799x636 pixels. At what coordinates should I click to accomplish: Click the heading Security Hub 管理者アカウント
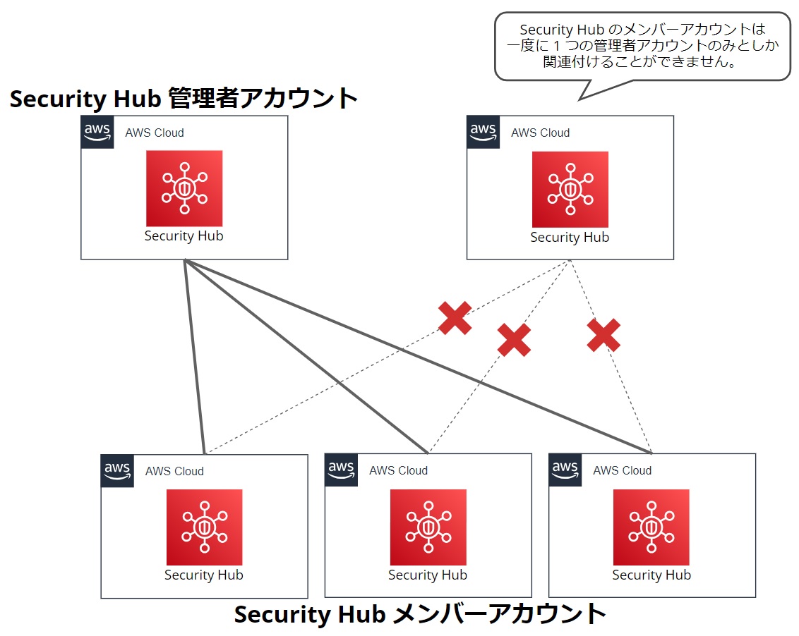coord(184,99)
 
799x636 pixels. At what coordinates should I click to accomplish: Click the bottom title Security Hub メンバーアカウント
coord(420,614)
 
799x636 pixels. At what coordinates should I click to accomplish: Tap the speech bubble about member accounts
coord(642,46)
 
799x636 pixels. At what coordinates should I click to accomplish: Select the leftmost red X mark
coord(455,318)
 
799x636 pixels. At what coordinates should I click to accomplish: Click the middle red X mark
coord(514,340)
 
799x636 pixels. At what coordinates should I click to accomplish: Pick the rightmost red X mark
coord(603,335)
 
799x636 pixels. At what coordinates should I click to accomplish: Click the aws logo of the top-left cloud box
coord(97,132)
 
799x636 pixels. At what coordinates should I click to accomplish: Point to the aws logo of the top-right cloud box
coord(483,132)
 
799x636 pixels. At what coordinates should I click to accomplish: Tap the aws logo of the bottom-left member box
coord(117,470)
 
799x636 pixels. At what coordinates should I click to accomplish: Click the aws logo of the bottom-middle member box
coord(341,470)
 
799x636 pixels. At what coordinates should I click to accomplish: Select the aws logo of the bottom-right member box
coord(565,470)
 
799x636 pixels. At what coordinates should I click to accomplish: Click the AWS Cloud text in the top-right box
coord(540,133)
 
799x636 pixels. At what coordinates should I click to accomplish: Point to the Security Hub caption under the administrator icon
coord(184,236)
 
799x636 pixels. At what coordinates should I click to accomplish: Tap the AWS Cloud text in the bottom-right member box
coord(622,470)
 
